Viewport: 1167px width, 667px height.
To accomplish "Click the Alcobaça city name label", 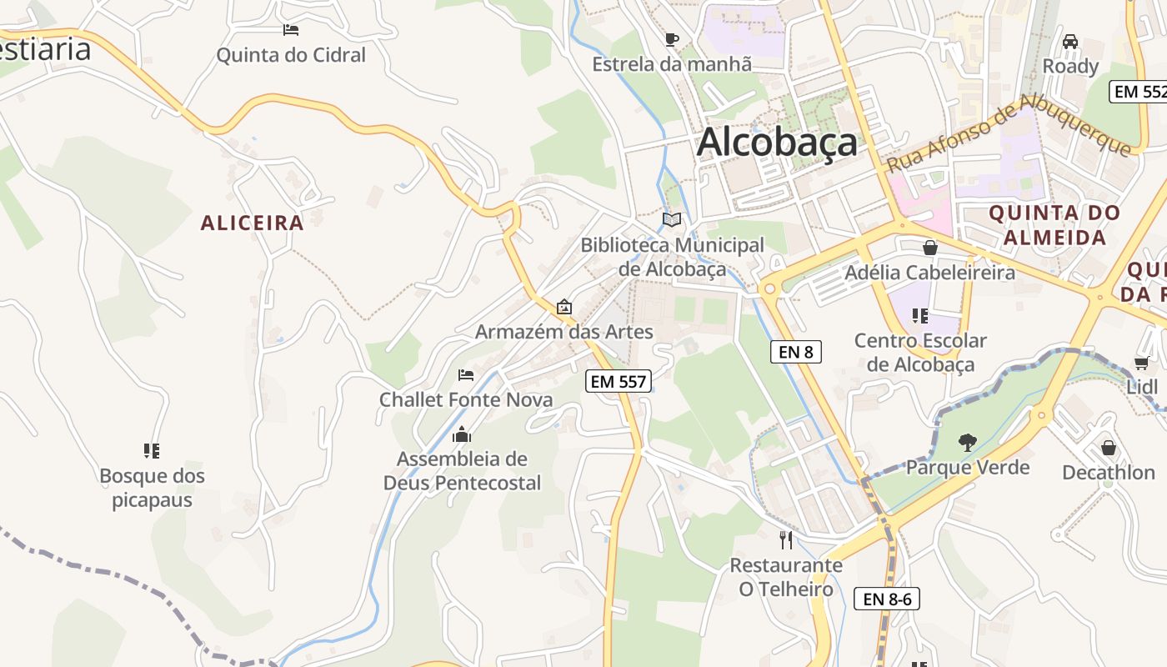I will (x=777, y=142).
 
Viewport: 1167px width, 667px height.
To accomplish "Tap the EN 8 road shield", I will (x=795, y=352).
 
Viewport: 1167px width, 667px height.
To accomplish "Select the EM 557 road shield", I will (x=618, y=382).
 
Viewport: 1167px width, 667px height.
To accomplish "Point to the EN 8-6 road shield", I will (x=886, y=599).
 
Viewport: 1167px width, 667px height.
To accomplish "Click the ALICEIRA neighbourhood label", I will (x=252, y=223).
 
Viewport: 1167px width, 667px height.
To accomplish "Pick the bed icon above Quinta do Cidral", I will (x=290, y=30).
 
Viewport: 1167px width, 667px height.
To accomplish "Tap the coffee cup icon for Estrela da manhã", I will (x=672, y=39).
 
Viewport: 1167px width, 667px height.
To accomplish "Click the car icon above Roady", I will (x=1070, y=41).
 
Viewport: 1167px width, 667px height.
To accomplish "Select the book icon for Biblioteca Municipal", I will (x=672, y=219).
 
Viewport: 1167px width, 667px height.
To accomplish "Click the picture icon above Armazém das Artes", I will (x=564, y=307).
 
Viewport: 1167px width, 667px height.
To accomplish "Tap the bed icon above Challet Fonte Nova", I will (x=466, y=375).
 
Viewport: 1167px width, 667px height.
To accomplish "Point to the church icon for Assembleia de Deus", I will (x=462, y=434).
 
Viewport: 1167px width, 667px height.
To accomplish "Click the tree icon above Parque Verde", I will (x=967, y=442).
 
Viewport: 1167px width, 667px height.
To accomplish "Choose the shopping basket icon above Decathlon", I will (x=1108, y=448).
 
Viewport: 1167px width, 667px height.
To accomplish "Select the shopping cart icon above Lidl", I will (x=1141, y=363).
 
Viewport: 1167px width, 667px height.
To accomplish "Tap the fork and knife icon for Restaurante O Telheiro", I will (x=785, y=540).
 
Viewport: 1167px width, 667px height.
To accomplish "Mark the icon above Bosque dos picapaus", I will (x=152, y=451).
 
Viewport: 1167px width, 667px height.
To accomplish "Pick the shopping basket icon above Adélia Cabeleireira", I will (x=930, y=248).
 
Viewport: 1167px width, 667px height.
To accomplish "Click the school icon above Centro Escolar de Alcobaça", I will (x=920, y=316).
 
